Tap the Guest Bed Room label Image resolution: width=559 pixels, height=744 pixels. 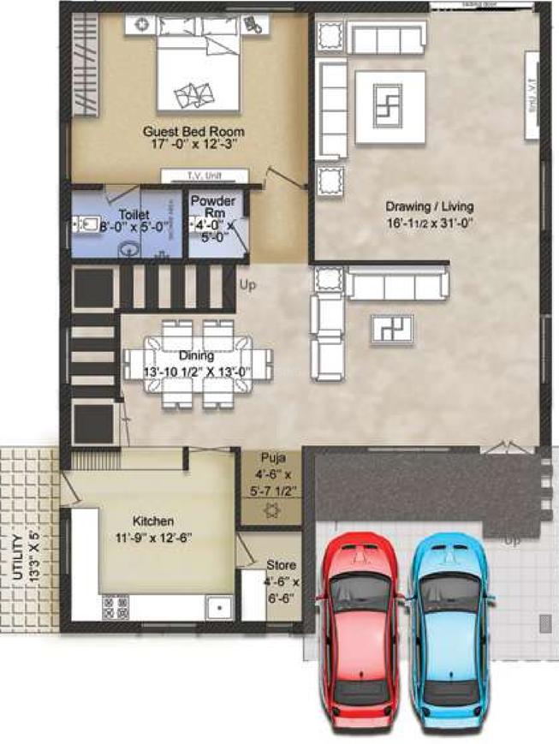pyautogui.click(x=193, y=138)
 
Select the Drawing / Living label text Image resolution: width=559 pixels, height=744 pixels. pyautogui.click(x=429, y=213)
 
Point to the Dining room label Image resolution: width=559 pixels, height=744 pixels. pyautogui.click(x=196, y=362)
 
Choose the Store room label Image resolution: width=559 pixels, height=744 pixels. pyautogui.click(x=281, y=577)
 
